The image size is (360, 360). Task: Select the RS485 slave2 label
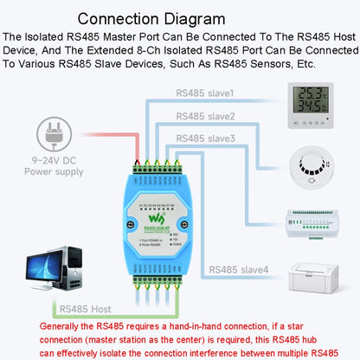tap(206, 115)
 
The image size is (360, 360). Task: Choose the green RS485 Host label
tap(85, 307)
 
